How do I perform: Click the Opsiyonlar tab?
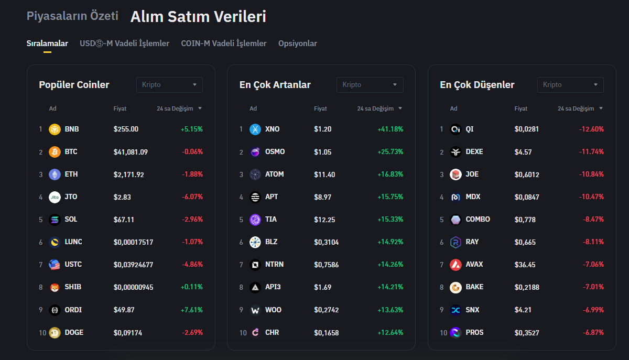click(x=297, y=43)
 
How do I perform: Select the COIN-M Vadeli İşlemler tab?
click(x=224, y=43)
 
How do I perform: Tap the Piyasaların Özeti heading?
click(x=72, y=16)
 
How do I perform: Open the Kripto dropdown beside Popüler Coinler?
click(x=169, y=85)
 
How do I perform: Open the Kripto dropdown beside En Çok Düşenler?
click(x=570, y=85)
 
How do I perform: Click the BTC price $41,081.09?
click(x=131, y=152)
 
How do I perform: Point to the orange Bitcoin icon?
click(x=55, y=152)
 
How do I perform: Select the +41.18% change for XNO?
click(x=390, y=129)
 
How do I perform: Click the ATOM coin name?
click(x=274, y=174)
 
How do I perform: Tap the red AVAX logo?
click(x=456, y=265)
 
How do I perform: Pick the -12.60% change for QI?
click(x=591, y=129)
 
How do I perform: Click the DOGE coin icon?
click(x=55, y=333)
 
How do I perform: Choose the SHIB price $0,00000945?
click(x=133, y=287)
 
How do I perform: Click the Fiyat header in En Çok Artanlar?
click(x=320, y=108)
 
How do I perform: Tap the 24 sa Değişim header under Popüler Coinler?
click(x=175, y=108)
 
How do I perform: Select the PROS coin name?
click(x=474, y=333)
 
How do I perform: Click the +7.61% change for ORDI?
click(x=191, y=310)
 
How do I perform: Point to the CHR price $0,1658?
click(x=326, y=333)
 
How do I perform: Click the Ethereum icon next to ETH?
click(x=55, y=174)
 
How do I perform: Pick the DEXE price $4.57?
click(x=523, y=152)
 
